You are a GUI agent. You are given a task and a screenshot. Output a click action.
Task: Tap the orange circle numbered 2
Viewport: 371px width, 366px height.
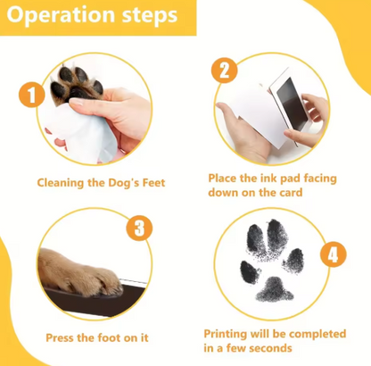(x=225, y=71)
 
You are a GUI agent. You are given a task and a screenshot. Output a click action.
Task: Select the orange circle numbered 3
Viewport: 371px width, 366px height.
(x=137, y=229)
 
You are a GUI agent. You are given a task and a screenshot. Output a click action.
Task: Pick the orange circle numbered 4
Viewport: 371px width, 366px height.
(x=332, y=254)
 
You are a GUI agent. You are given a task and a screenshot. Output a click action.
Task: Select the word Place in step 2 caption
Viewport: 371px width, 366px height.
(x=225, y=178)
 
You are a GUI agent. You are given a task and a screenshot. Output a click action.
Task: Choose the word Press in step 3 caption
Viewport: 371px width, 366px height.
(x=62, y=338)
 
